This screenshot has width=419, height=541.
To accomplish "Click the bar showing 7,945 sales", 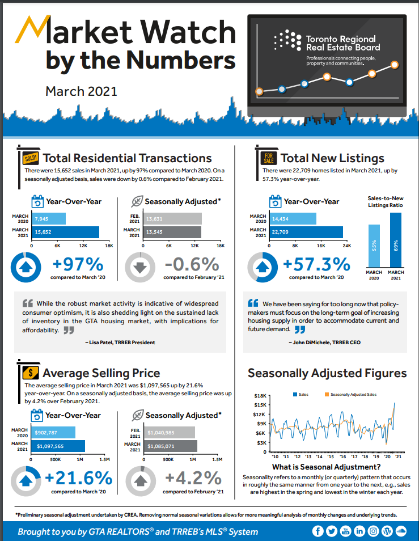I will point(49,219).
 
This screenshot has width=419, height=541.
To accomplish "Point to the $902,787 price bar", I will point(54,433).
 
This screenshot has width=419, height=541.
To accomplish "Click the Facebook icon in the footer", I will point(318,531).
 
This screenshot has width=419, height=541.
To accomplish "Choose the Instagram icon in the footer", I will point(373,531).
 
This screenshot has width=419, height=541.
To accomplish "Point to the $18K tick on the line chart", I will point(260,395).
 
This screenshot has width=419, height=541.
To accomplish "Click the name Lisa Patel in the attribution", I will point(101,343).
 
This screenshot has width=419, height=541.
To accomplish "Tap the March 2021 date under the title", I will point(81,91).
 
